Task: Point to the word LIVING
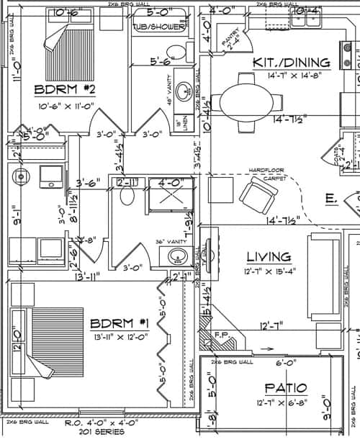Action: (269, 256)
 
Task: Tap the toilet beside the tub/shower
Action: (173, 50)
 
